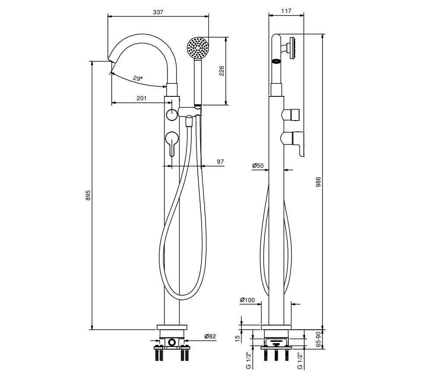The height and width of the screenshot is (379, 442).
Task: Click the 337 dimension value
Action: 158,12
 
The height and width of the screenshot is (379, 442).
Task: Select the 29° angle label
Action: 138,78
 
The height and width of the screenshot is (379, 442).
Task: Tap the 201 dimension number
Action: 142,98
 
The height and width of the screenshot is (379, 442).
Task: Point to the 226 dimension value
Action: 221,71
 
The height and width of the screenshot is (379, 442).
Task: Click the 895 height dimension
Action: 88,195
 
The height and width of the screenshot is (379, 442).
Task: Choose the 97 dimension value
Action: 220,162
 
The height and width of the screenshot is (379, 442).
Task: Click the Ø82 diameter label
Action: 210,336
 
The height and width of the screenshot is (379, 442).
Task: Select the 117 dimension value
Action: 286,11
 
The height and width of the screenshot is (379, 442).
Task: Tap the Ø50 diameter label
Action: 258,166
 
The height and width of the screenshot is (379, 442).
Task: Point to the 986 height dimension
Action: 319,182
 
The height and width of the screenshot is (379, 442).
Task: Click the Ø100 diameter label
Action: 247,300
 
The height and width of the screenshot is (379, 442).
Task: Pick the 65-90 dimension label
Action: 319,340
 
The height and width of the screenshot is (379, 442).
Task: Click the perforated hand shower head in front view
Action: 198,48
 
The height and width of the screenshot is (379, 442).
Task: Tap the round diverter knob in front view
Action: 171,115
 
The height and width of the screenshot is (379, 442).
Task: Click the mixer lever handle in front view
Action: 171,143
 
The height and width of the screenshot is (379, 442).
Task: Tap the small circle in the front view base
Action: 172,343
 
